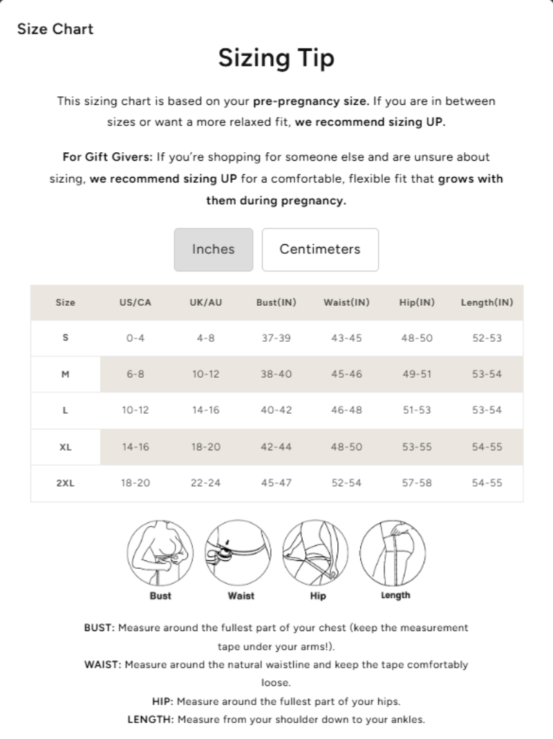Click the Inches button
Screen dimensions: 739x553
coord(213,249)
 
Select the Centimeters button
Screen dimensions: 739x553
coord(320,249)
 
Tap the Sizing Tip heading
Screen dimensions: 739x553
coord(276,58)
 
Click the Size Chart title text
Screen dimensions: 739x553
coord(55,29)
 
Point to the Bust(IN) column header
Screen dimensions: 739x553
coord(276,302)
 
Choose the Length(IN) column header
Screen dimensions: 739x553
coord(487,302)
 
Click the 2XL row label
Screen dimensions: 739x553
coord(65,483)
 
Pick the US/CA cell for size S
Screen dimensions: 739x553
coord(135,338)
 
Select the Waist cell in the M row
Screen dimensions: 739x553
coord(346,374)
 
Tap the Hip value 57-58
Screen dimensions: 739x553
coord(416,483)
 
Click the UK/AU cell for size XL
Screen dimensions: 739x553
coord(205,447)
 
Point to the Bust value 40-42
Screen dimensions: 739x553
coord(276,410)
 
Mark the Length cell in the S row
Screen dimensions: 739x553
coord(487,338)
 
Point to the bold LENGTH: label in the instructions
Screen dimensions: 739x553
coord(151,718)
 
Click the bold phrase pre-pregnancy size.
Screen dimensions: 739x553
coord(310,101)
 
